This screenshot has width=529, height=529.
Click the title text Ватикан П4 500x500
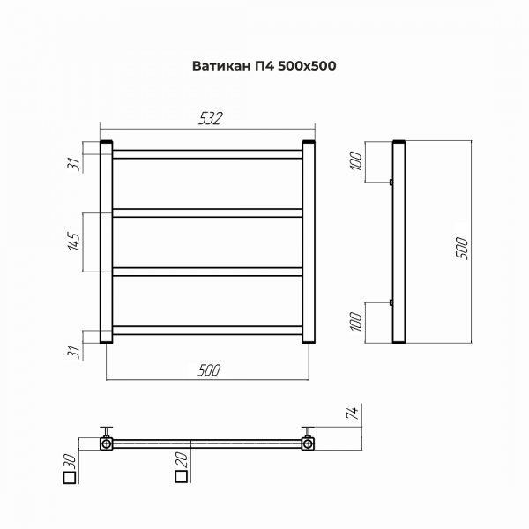264,66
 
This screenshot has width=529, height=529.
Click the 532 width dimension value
211,119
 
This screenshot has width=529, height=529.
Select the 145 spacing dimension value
75,242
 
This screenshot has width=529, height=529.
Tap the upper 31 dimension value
75,164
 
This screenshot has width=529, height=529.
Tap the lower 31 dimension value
75,352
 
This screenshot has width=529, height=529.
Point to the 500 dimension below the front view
209,370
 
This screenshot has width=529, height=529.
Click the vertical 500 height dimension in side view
462,248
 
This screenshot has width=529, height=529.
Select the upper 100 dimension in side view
356,160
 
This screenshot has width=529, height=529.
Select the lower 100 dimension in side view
356,322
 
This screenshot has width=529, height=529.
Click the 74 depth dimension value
352,413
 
